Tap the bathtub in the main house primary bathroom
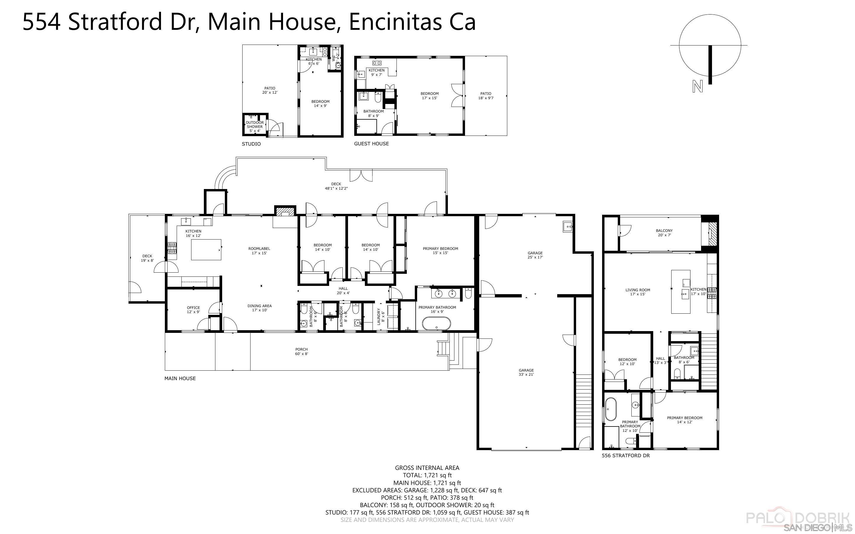coord(437,323)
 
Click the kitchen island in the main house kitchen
coord(206,249)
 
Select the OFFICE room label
coord(193,309)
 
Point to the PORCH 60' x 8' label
coord(302,351)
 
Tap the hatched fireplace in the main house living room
coord(285,211)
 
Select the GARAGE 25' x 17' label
coord(535,255)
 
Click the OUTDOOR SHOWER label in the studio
coord(255,126)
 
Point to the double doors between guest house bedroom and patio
coord(457,95)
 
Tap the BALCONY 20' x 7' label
coord(664,233)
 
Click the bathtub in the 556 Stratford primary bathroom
coord(611,410)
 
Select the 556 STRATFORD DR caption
coord(625,456)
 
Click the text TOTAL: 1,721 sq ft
coord(427,476)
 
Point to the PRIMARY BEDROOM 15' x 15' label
coord(440,250)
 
